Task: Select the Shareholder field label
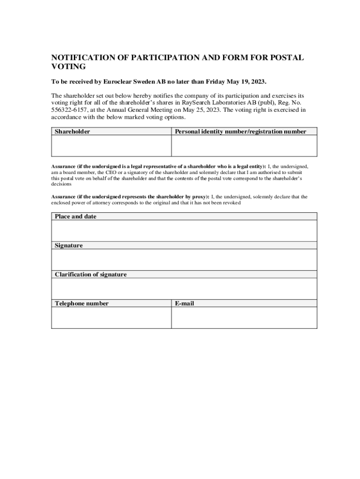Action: click(72, 132)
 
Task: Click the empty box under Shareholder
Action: click(111, 145)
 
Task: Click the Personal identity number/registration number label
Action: click(240, 132)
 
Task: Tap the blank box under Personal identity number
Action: click(244, 145)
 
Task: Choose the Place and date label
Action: click(76, 217)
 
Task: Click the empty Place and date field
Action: click(184, 231)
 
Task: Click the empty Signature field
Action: click(184, 260)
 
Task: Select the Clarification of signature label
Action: click(91, 275)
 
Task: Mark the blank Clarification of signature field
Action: click(184, 289)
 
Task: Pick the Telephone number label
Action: click(82, 304)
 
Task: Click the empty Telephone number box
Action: click(111, 318)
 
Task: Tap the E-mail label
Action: click(185, 304)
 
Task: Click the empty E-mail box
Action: click(244, 318)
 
